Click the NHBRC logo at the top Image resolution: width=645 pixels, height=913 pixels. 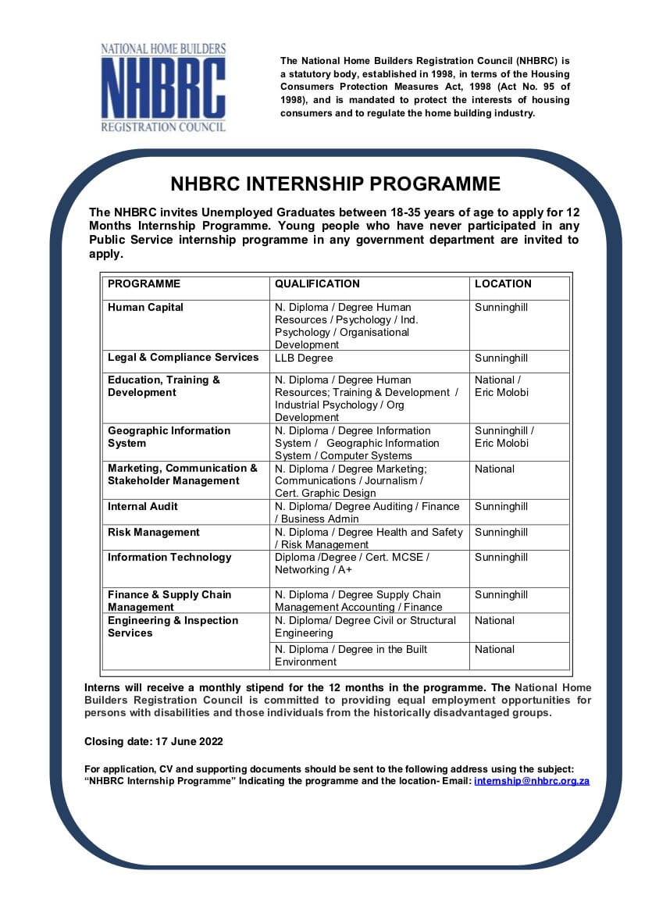coord(163,87)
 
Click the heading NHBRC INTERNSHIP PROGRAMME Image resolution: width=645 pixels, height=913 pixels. coord(335,184)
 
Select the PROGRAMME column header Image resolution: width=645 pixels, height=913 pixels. coord(144,284)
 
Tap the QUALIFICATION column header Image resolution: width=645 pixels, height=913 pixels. coord(317,284)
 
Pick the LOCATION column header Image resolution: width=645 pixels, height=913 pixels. coord(503,284)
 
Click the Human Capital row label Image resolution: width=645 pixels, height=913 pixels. coord(145,308)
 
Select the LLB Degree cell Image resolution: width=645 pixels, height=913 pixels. coord(304,358)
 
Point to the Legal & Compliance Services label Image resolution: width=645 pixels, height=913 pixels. coord(183,358)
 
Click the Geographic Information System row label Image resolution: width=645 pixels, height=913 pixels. coord(169,437)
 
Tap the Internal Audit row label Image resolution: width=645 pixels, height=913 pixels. coord(143,507)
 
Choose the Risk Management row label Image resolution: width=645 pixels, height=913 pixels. coord(154,533)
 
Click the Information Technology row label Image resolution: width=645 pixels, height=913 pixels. coord(169,558)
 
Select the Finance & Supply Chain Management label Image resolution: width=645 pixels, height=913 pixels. coord(169,601)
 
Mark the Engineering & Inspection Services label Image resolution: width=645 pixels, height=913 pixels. coord(173,626)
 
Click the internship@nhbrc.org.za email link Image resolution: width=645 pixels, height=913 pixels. coord(531,781)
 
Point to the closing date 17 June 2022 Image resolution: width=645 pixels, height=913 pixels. coord(154,741)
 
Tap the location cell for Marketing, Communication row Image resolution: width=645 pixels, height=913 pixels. coord(494,469)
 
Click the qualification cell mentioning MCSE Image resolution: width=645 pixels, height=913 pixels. coord(351,564)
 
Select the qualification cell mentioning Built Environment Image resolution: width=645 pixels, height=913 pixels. coord(351,655)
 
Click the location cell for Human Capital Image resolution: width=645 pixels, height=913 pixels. coord(501,308)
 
